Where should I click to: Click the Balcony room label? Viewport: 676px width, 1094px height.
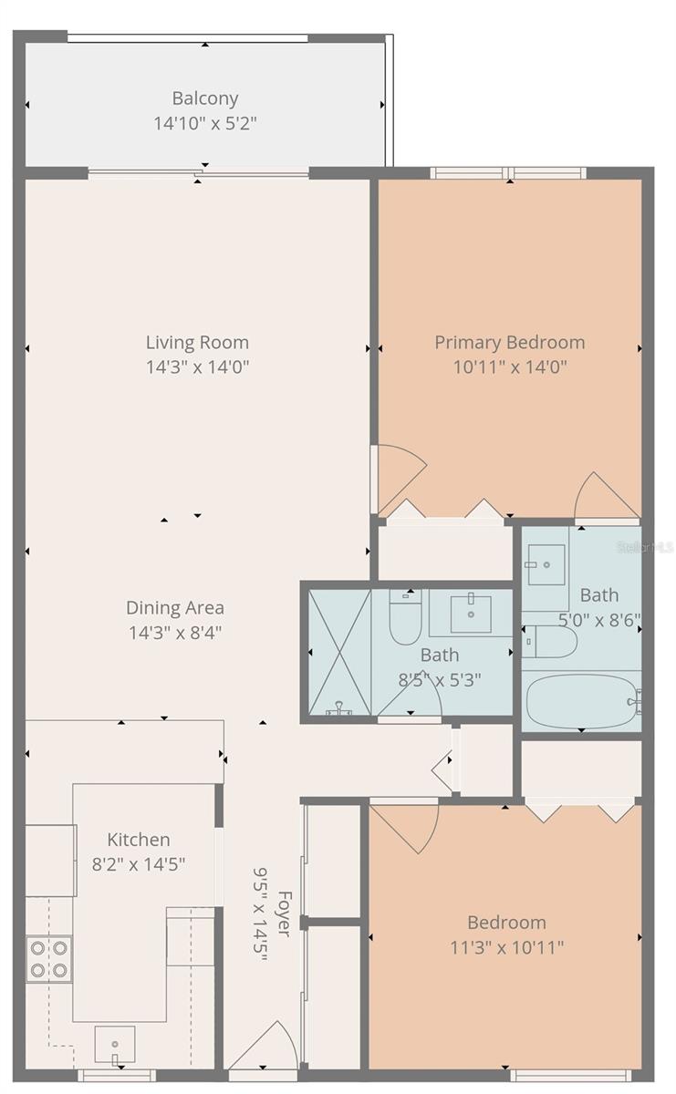coord(205,98)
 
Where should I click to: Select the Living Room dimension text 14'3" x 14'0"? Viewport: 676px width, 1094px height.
coord(197,367)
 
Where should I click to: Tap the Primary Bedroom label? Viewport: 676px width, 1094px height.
coord(509,343)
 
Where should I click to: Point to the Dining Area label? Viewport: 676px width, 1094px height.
coord(174,608)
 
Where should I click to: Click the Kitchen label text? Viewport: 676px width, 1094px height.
coord(139,840)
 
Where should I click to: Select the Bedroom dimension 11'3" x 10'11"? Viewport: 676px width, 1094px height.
coord(506,946)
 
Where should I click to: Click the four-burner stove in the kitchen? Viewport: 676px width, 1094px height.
coord(48,958)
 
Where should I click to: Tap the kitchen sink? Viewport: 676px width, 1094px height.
coord(115,1045)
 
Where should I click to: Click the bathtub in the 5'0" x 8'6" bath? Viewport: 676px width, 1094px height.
coord(582,701)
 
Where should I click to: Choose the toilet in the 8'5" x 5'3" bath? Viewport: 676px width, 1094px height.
coord(403,618)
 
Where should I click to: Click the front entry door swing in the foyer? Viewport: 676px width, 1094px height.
coord(266,1047)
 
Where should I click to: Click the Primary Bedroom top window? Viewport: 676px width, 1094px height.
coord(507,173)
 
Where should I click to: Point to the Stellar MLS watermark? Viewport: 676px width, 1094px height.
coord(645,547)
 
